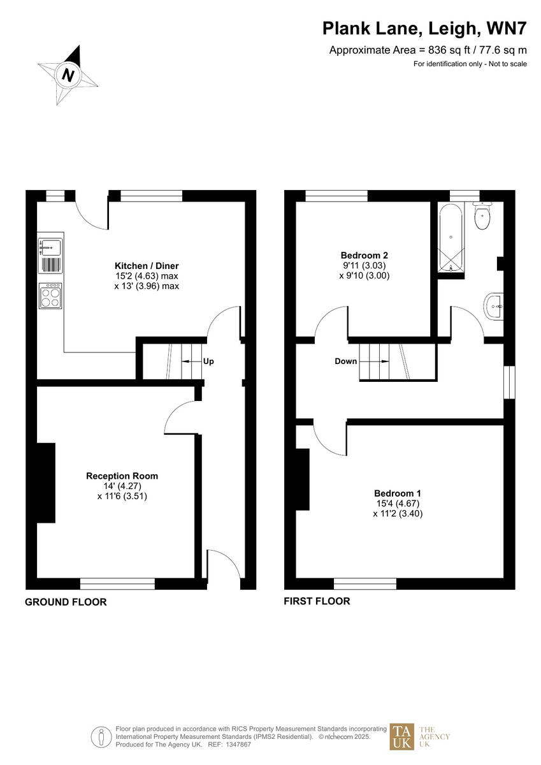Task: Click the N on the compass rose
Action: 68,76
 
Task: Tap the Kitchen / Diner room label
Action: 147,266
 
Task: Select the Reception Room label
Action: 122,476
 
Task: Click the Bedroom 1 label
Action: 397,493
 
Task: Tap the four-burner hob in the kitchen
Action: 51,296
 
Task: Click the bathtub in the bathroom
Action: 451,238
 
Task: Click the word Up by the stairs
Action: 208,361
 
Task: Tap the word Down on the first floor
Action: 346,361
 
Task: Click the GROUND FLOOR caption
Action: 66,602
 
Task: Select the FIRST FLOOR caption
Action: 317,601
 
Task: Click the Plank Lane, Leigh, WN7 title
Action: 424,29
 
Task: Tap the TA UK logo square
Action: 401,736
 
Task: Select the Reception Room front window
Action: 117,583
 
